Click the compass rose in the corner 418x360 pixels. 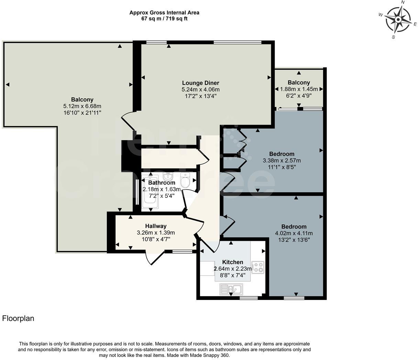tap(398, 20)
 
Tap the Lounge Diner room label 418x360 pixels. tap(200, 83)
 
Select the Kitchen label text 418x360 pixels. tap(233, 262)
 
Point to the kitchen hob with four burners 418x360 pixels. tap(257, 267)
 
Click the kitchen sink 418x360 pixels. tap(231, 289)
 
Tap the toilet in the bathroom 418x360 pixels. tap(185, 180)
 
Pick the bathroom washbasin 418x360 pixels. tap(168, 177)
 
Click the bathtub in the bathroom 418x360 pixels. tap(150, 192)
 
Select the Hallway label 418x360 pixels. tap(156, 226)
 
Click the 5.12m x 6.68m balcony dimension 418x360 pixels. tap(82, 106)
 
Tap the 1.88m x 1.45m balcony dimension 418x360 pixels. tap(299, 89)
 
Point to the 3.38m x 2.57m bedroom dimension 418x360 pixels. tap(282, 161)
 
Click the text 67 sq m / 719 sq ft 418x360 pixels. tap(164, 19)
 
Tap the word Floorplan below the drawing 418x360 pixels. tap(18, 318)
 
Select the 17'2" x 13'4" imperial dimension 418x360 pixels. tap(201, 96)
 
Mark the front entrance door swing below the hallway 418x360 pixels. tap(155, 258)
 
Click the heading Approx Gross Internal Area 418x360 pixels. tap(164, 13)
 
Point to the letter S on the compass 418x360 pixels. tap(393, 37)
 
